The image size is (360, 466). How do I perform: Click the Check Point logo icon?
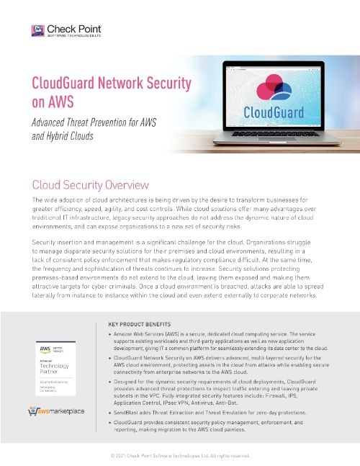point(38,30)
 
